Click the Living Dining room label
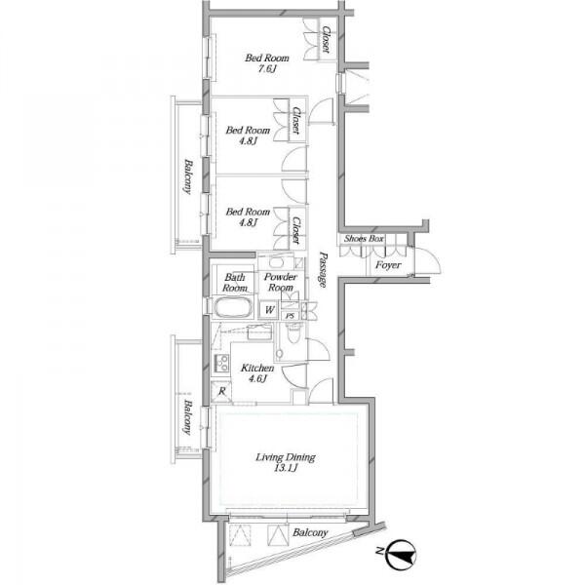pos(286,457)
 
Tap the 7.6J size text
pos(267,69)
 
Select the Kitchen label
pos(257,368)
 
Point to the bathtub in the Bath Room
pos(232,308)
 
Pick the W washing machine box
pos(269,310)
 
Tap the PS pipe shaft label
pos(290,316)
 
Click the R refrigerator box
pos(221,391)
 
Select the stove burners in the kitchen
pos(221,363)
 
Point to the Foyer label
pos(388,265)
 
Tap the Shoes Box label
pos(364,239)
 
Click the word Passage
pos(323,270)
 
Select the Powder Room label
pos(281,282)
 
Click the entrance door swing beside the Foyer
pos(428,261)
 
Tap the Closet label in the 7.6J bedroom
pos(327,39)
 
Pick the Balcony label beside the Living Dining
pos(187,417)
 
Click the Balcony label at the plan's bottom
pos(310,532)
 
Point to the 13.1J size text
pos(286,468)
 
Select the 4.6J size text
pos(257,378)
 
